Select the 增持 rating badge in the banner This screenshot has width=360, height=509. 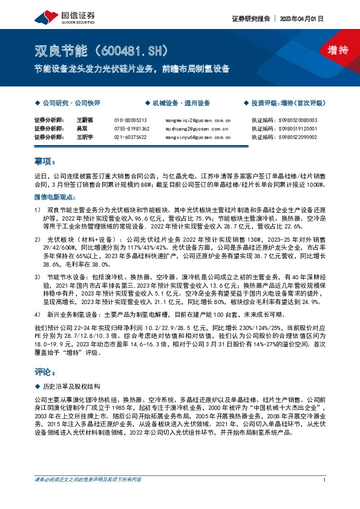pos(330,50)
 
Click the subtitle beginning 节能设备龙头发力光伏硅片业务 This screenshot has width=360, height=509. pos(132,68)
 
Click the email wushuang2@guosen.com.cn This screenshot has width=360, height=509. pos(197,129)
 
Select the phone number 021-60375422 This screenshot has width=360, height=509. pos(131,137)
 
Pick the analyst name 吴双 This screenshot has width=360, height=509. pos(82,129)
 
